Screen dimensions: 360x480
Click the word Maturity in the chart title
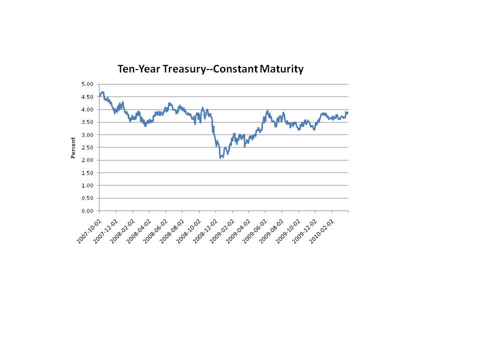click(x=281, y=69)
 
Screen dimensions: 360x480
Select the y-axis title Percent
click(x=73, y=147)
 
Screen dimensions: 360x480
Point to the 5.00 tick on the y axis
click(x=87, y=84)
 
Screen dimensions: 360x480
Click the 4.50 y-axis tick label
click(x=87, y=96)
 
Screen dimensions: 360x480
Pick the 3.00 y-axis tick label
click(x=87, y=135)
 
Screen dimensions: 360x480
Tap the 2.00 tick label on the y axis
click(x=87, y=160)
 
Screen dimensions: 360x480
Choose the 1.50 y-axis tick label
click(x=87, y=173)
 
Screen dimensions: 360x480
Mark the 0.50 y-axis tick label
click(x=87, y=198)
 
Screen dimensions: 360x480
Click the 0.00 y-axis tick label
click(x=87, y=211)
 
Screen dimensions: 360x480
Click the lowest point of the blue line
click(x=220, y=158)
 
